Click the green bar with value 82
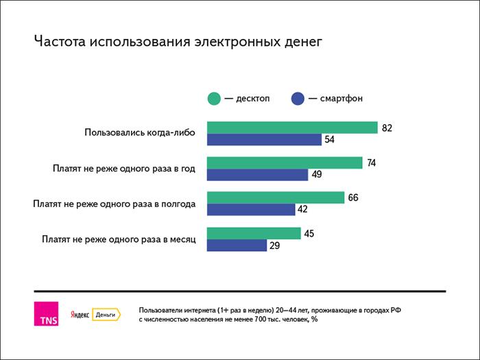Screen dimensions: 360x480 coord(292,128)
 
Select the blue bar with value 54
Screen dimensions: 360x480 coord(264,140)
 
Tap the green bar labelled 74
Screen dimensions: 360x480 coord(285,163)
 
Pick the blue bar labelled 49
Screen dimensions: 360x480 coord(257,175)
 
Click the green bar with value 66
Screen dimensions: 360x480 coord(275,197)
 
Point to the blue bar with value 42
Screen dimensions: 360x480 coord(251,210)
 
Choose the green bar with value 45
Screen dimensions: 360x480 coord(254,233)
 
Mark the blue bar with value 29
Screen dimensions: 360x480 coord(237,245)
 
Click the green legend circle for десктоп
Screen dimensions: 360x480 coord(214,99)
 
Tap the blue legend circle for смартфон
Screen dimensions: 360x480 coord(298,99)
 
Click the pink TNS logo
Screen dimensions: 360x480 coord(47,313)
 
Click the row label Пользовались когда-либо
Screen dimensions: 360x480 coord(140,133)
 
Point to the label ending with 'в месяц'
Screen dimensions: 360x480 coord(119,239)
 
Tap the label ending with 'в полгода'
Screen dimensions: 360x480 coord(115,204)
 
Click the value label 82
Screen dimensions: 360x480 coord(387,128)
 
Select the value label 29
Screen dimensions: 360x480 coord(275,245)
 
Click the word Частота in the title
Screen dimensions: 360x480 coord(60,43)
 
